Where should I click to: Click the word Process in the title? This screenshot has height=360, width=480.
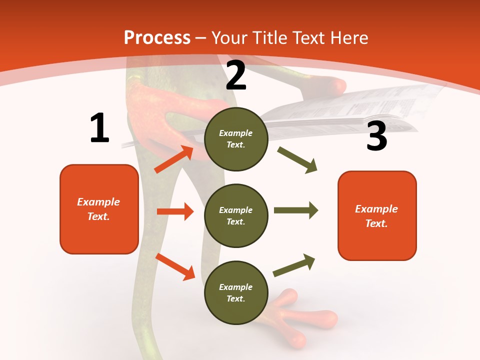coord(157,38)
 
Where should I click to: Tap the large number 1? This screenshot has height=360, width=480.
coord(99,128)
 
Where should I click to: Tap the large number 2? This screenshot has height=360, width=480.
coord(236,75)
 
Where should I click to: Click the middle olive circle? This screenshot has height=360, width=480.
coord(236,215)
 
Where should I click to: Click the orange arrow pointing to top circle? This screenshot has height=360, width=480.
coord(174,159)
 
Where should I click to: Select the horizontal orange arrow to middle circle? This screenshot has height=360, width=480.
coord(175,211)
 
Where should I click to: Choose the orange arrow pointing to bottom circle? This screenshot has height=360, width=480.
coord(175,266)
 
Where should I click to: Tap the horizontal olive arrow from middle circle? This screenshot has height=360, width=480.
coord(296,210)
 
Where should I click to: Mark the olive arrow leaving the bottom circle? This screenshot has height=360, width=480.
coord(294,265)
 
